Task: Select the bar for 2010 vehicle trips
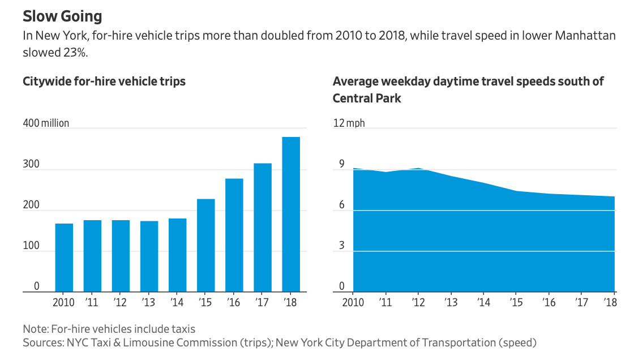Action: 64,258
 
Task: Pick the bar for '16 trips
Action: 234,235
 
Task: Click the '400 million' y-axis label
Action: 46,123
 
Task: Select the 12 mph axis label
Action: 349,123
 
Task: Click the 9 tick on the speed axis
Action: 341,165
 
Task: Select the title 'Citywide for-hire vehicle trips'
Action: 104,82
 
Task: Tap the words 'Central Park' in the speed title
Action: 367,98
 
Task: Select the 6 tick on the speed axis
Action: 341,205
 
